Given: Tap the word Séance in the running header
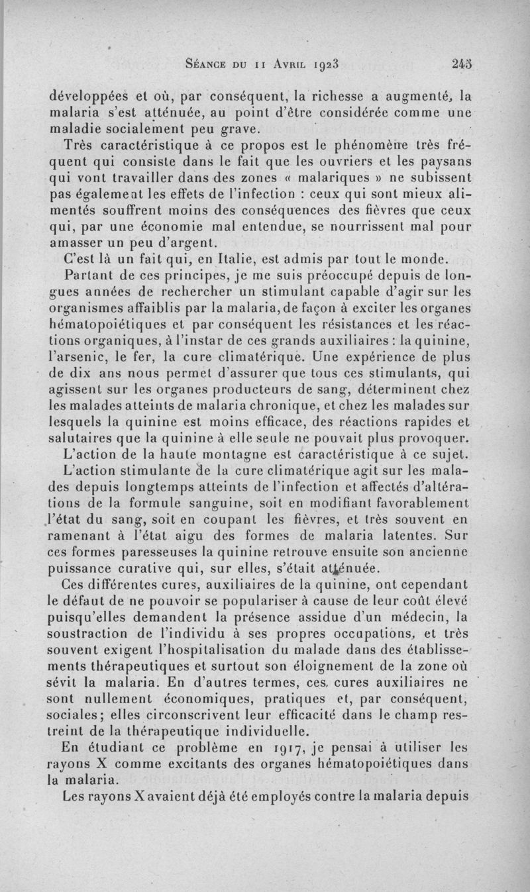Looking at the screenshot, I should [210, 65].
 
